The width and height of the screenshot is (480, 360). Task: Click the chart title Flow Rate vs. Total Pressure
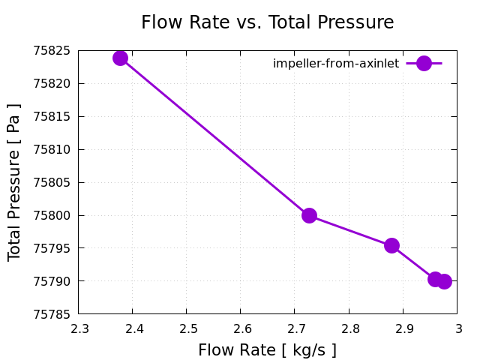[267, 22]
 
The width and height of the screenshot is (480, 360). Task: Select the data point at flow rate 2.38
[121, 58]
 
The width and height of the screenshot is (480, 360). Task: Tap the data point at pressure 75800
[309, 215]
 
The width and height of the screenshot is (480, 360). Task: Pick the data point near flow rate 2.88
[391, 245]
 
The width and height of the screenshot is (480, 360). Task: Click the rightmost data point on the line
[444, 281]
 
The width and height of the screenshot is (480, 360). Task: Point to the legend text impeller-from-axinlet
[336, 64]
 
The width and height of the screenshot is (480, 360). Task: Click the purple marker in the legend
[424, 64]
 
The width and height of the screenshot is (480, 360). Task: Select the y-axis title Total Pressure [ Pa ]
[14, 182]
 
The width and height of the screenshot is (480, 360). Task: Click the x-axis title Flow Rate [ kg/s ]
[267, 350]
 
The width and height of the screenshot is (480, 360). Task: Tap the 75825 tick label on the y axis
[52, 51]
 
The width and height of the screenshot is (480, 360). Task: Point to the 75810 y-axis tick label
[52, 149]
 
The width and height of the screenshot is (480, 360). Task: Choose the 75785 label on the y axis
[52, 313]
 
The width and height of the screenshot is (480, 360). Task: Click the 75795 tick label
[52, 248]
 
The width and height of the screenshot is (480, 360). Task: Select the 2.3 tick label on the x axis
[79, 328]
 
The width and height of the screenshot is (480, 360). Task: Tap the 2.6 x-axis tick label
[241, 328]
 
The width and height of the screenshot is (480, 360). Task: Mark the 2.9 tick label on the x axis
[403, 328]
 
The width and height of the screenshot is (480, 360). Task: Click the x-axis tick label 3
[457, 328]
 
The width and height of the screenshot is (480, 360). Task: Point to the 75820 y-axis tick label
[52, 84]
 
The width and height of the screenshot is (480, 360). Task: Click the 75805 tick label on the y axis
[52, 182]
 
